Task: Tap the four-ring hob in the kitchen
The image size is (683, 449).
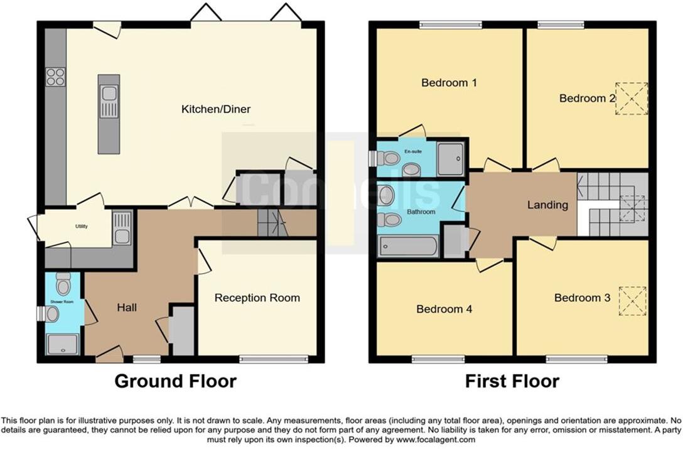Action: (x=55, y=77)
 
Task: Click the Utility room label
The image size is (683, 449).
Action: (x=81, y=226)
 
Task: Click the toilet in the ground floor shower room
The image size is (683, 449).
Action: (x=63, y=284)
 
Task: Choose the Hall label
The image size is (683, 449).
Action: (x=127, y=307)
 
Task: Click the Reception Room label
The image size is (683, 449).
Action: (x=257, y=298)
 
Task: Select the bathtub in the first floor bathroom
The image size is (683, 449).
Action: (x=408, y=246)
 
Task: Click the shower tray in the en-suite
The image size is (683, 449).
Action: (x=451, y=158)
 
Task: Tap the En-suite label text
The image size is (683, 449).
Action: (x=412, y=151)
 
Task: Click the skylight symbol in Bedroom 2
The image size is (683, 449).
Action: (x=631, y=99)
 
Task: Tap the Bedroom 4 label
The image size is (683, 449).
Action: (x=444, y=309)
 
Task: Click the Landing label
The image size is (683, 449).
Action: (x=547, y=205)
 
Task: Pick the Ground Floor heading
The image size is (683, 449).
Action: (x=175, y=381)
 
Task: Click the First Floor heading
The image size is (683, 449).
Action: (x=512, y=381)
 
